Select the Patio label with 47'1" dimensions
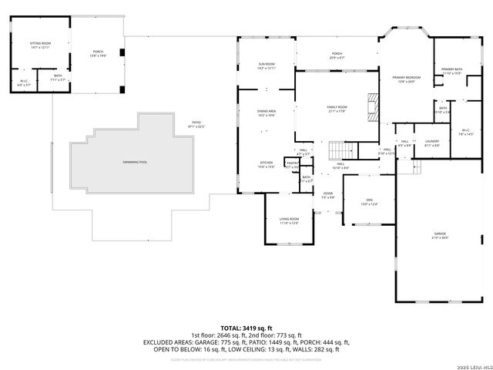click(x=198, y=124)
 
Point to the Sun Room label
click(x=266, y=66)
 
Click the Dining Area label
click(x=267, y=113)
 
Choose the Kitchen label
click(x=266, y=164)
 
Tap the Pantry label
click(x=292, y=164)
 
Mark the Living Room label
click(x=289, y=220)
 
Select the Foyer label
click(x=328, y=195)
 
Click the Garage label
click(x=440, y=235)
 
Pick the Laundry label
click(x=431, y=143)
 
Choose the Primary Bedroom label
click(x=406, y=79)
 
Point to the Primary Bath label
click(x=451, y=72)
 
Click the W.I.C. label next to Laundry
click(x=465, y=131)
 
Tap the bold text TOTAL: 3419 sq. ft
click(x=246, y=328)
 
